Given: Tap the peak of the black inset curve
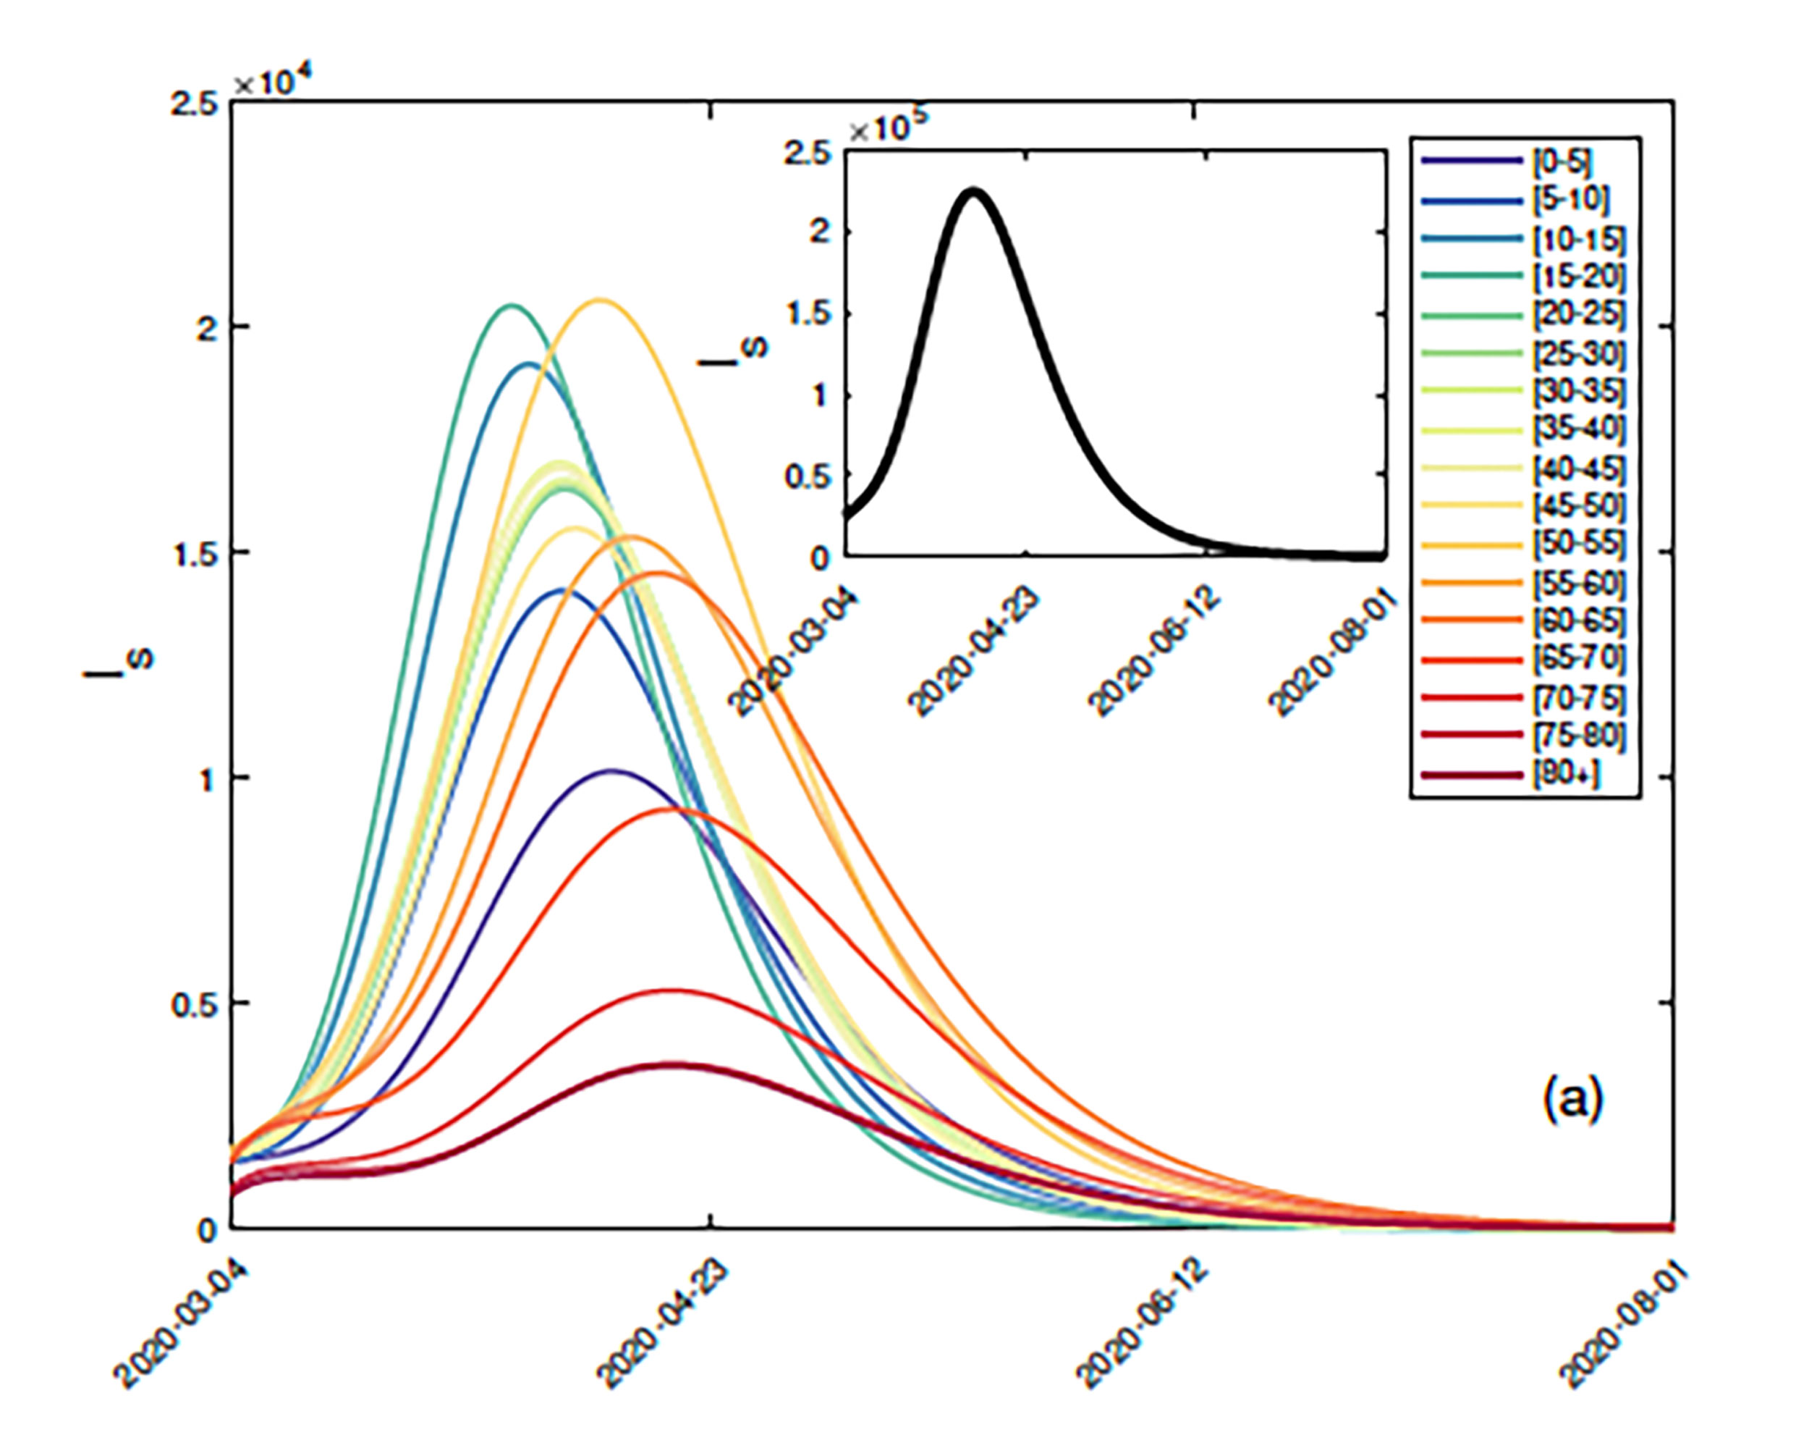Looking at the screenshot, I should point(973,191).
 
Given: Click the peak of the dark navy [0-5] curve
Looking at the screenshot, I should point(611,770).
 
